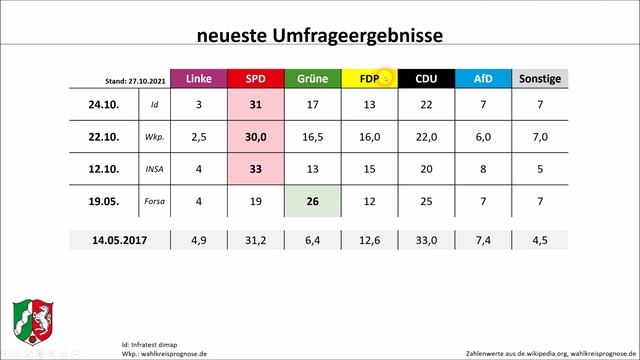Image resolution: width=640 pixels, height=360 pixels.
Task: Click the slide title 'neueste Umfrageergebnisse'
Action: (x=320, y=35)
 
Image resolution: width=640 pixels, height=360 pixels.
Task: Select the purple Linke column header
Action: (x=198, y=79)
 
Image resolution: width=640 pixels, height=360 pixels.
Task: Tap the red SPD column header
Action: (x=255, y=79)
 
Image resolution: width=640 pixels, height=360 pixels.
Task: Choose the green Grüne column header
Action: (x=312, y=79)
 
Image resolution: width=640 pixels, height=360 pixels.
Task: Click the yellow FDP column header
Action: (x=369, y=79)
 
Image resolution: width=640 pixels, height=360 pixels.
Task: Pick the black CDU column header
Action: (x=426, y=79)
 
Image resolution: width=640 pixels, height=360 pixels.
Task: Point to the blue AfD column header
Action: (x=483, y=79)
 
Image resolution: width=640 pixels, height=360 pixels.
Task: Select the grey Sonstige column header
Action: (x=541, y=79)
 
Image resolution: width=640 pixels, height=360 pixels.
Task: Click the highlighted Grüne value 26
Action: (x=312, y=200)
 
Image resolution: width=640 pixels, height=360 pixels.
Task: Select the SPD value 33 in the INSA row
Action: (x=255, y=169)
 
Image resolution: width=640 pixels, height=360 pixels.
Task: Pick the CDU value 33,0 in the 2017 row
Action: (x=426, y=241)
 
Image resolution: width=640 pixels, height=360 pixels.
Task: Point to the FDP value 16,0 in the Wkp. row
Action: (x=369, y=137)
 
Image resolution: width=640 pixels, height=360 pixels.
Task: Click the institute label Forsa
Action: (x=154, y=201)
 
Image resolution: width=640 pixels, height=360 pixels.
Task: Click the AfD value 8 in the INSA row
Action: (x=483, y=169)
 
